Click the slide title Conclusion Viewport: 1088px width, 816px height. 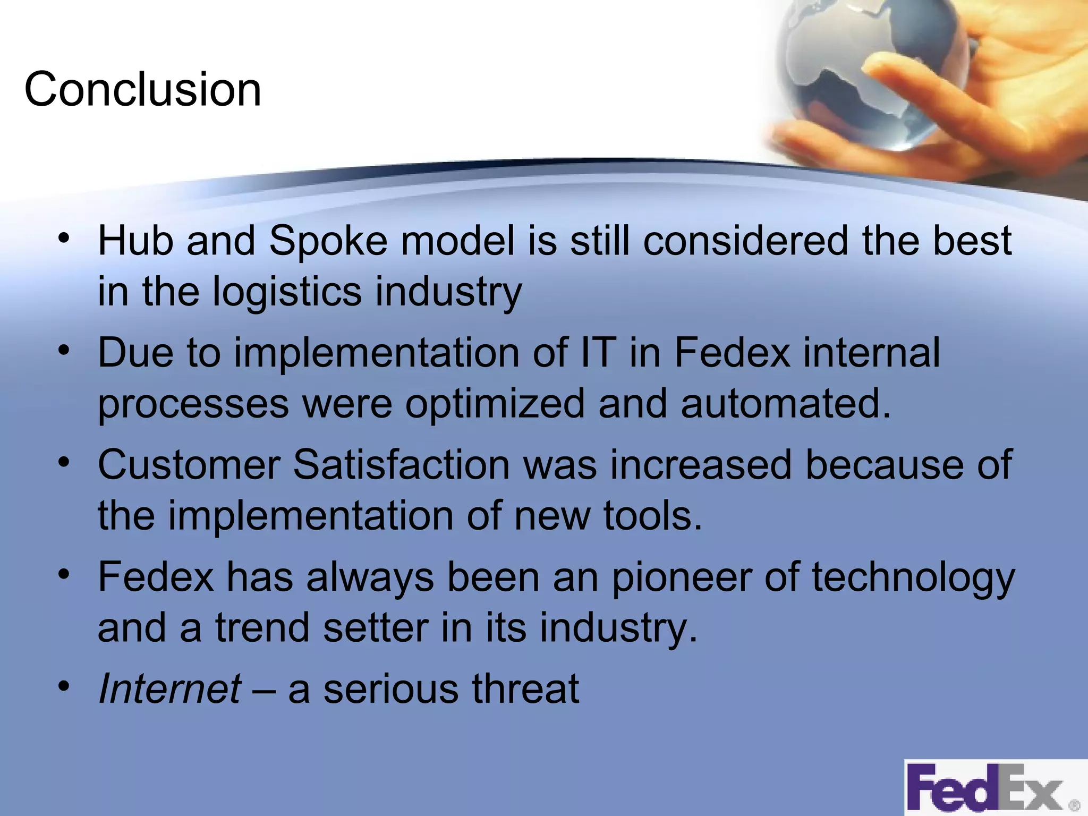[142, 89]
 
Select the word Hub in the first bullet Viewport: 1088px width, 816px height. [135, 241]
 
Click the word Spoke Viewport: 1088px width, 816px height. [328, 241]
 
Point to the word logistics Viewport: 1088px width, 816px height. [287, 292]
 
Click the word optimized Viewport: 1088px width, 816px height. [495, 404]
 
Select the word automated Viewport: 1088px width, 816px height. [785, 404]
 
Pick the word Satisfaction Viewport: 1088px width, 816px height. [402, 465]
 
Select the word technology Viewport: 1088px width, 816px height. [913, 578]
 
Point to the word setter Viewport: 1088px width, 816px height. [375, 628]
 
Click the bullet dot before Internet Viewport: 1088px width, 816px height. [64, 686]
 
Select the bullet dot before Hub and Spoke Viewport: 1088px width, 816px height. [64, 237]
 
